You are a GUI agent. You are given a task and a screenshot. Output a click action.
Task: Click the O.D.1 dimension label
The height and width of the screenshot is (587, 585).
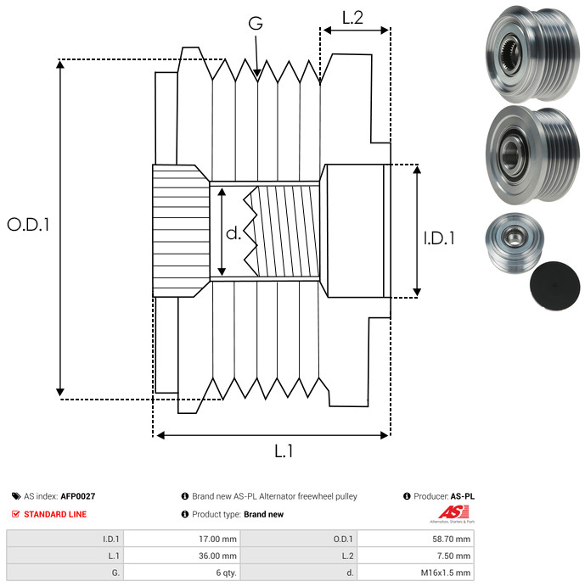point(29,225)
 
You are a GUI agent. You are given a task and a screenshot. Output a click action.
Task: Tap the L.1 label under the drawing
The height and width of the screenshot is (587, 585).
point(284,452)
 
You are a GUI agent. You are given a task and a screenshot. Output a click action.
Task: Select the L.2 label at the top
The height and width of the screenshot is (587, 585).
point(352,16)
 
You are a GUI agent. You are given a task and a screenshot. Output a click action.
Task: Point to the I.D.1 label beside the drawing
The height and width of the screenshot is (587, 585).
point(439,239)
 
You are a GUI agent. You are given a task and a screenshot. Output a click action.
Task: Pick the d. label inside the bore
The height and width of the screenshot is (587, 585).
point(233,233)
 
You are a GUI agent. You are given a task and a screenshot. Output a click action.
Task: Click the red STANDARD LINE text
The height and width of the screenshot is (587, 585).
point(55,514)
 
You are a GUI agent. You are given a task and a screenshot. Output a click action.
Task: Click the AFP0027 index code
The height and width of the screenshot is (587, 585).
point(78,496)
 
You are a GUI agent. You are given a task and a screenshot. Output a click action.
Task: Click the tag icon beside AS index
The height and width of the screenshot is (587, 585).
point(16,496)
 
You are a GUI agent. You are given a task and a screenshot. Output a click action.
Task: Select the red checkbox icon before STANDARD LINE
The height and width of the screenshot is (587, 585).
point(16,514)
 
